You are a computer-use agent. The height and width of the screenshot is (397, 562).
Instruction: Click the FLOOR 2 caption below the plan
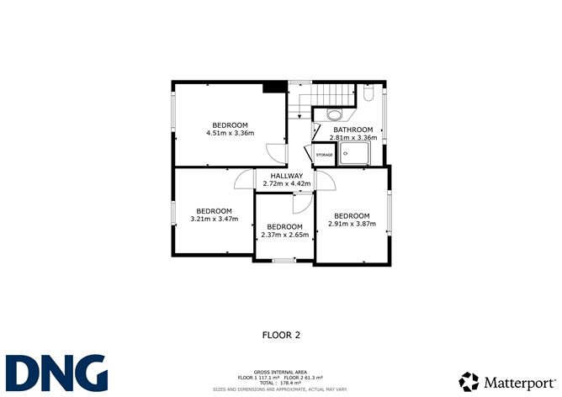(282, 334)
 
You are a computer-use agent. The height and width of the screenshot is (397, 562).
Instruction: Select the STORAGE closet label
(324, 156)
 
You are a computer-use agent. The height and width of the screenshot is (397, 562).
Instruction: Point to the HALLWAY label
(286, 176)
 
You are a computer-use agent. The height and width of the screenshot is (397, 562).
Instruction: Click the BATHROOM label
(353, 130)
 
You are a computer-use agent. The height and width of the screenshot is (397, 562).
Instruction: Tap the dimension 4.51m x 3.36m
(230, 133)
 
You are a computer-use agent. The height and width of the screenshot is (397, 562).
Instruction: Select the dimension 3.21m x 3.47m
(214, 220)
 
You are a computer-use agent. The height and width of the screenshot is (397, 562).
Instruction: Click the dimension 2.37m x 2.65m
(284, 235)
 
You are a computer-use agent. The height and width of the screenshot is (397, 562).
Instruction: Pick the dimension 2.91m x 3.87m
(352, 224)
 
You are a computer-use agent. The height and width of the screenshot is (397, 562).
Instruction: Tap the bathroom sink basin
(334, 115)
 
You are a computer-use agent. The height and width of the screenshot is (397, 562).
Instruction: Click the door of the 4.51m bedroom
(276, 154)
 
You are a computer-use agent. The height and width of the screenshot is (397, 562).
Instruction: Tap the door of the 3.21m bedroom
(244, 179)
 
